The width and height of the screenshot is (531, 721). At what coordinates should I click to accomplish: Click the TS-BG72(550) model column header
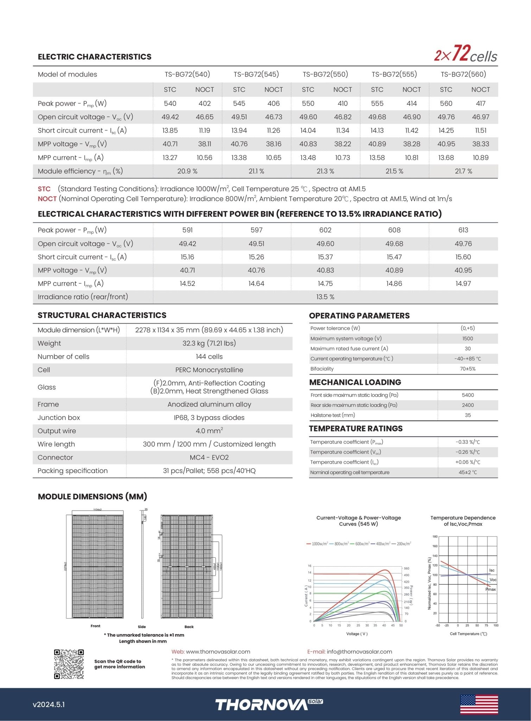click(x=325, y=74)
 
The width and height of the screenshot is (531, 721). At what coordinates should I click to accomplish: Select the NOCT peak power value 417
click(x=480, y=104)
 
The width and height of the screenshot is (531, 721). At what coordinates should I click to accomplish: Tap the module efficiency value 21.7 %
click(x=463, y=171)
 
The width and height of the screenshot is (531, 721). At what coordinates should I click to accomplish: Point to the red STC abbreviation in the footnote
click(x=44, y=189)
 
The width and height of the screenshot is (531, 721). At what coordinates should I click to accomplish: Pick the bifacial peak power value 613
click(x=463, y=230)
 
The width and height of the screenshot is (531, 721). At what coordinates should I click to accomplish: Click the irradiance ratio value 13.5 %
click(x=325, y=297)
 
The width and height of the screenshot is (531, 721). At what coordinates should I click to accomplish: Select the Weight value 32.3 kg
click(x=209, y=343)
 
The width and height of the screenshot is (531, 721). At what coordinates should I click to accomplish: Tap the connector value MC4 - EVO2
click(x=209, y=458)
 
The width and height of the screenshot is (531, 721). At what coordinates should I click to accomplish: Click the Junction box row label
click(x=59, y=418)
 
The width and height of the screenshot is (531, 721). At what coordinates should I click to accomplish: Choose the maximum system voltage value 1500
click(x=468, y=339)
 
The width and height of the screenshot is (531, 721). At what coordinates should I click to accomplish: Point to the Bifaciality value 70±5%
click(x=468, y=369)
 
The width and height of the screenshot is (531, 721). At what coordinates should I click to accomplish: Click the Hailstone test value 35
click(x=468, y=415)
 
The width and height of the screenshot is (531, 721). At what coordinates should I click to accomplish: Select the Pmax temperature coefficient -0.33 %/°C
click(x=468, y=442)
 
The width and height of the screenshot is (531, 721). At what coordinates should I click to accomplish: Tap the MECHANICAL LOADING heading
click(x=355, y=382)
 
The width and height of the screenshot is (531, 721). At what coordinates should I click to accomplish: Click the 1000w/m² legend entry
click(x=317, y=544)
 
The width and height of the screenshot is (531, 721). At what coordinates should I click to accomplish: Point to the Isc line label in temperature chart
click(x=492, y=570)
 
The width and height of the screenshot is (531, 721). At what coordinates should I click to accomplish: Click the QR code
click(x=69, y=664)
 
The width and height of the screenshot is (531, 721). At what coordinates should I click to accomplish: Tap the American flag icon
click(x=479, y=704)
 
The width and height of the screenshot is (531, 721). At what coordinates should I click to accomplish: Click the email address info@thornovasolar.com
click(x=359, y=652)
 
